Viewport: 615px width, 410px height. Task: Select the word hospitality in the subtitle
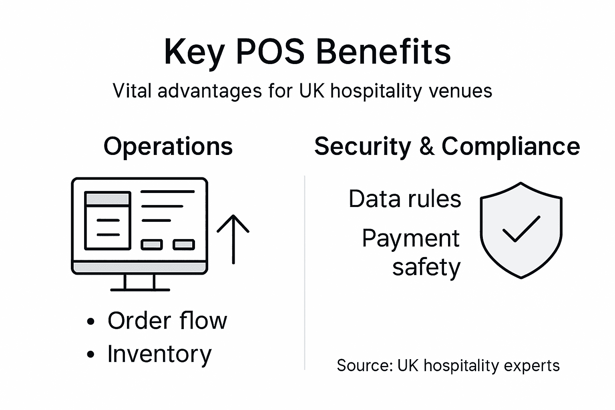pos(376,91)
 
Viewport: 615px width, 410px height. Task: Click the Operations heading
pos(168,146)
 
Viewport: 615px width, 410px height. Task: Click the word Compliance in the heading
pos(510,146)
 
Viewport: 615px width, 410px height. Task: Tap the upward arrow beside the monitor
pos(233,239)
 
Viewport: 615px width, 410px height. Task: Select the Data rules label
pos(405,199)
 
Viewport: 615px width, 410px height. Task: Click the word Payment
pos(411,239)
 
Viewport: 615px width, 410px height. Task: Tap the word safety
pos(426,267)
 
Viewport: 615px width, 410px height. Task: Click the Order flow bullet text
pos(167,320)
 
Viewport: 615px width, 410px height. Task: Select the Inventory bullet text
pos(159,354)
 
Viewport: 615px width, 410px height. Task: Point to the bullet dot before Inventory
pos(91,354)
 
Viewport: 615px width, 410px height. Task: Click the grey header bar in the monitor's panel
pos(108,199)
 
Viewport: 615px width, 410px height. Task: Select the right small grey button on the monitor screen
pos(184,245)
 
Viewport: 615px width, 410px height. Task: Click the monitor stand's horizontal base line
pos(140,289)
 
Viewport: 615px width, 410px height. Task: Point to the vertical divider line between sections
pos(305,272)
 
